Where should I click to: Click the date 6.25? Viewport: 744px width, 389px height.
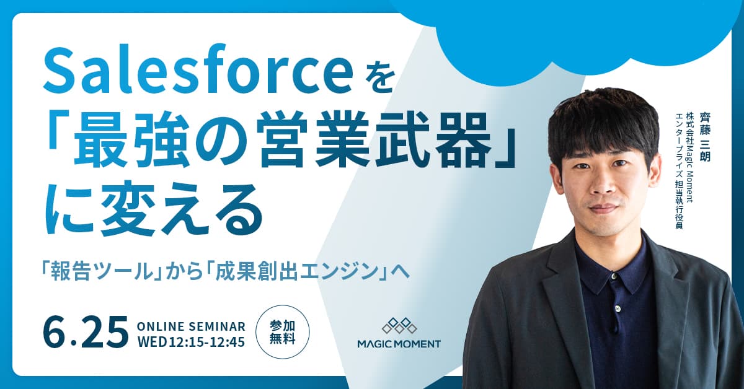tap(86, 332)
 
